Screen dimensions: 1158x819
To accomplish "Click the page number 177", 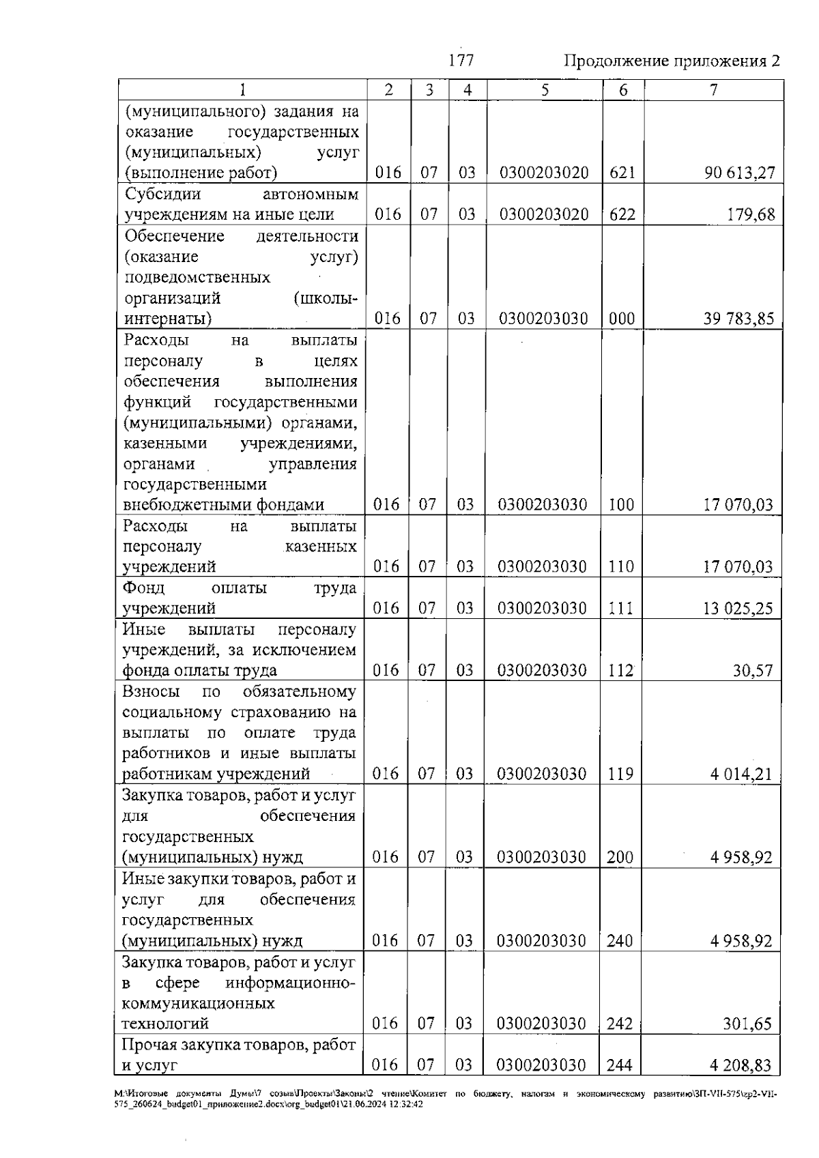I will click(x=461, y=61).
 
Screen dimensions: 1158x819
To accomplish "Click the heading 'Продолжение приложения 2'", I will click(x=672, y=61).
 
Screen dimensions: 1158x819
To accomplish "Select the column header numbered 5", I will click(x=545, y=90).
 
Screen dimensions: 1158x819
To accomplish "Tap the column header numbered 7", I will click(x=713, y=90).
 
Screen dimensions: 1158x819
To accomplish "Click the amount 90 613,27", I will click(x=740, y=173).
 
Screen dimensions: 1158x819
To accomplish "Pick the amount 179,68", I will click(x=752, y=215).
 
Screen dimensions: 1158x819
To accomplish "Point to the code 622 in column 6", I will click(x=622, y=215).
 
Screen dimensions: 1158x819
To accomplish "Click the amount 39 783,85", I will click(x=739, y=319).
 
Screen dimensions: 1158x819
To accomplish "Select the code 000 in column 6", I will click(x=622, y=319).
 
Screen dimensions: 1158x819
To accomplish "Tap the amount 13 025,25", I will click(x=738, y=609).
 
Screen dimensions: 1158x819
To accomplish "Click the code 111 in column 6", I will click(x=620, y=609).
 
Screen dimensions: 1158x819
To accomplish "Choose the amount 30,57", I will click(x=753, y=671).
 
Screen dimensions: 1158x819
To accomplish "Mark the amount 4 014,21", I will click(x=741, y=775).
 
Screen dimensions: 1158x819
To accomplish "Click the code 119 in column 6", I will click(x=620, y=775).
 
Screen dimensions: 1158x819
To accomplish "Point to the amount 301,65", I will click(x=747, y=1024).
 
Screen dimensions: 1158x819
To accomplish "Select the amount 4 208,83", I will click(x=741, y=1066).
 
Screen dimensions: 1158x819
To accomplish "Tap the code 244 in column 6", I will click(x=620, y=1066).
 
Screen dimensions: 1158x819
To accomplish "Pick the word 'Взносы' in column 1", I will click(x=151, y=692).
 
